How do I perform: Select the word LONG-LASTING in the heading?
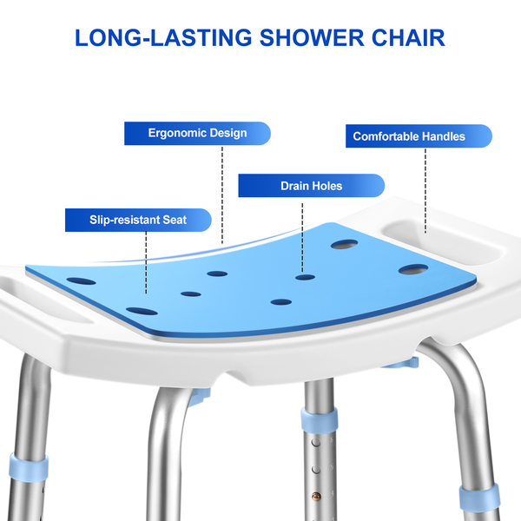[x=161, y=38]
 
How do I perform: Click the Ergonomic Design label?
[x=197, y=134]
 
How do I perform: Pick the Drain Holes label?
[x=311, y=186]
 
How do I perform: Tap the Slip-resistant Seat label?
[x=138, y=220]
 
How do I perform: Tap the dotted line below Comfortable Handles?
[x=425, y=187]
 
